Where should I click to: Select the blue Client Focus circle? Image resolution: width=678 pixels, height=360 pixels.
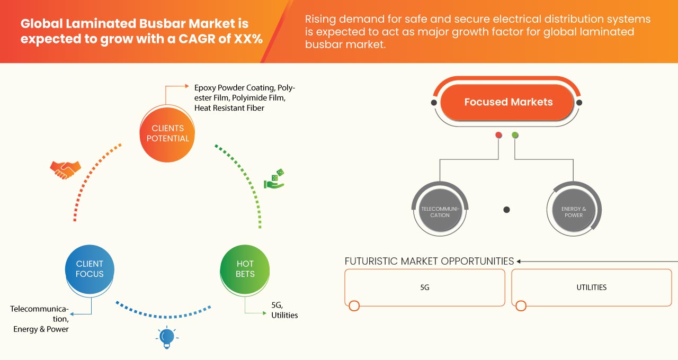click(x=90, y=269)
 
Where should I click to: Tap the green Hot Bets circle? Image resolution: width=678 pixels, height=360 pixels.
click(x=245, y=269)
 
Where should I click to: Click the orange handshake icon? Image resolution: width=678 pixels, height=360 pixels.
click(x=65, y=169)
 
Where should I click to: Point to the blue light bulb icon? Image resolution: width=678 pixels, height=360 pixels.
click(x=167, y=337)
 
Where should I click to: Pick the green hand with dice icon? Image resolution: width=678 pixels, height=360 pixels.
click(x=274, y=179)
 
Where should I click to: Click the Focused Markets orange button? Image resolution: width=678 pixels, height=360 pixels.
click(x=507, y=102)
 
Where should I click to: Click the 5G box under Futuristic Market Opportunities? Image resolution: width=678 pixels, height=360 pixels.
click(x=425, y=287)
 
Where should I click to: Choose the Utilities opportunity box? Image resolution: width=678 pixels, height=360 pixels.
click(x=591, y=287)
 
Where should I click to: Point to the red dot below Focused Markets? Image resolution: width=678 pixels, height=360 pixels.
click(x=498, y=135)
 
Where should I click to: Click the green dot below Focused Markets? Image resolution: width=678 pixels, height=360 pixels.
click(x=515, y=135)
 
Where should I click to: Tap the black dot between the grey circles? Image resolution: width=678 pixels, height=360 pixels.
click(x=506, y=210)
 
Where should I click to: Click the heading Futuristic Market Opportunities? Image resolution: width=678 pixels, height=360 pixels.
click(x=429, y=261)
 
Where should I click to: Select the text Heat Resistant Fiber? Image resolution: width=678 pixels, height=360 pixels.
click(x=229, y=108)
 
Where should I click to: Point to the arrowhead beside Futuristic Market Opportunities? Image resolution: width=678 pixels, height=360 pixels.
click(x=519, y=261)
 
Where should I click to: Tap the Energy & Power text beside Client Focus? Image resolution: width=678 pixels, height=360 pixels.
click(x=41, y=329)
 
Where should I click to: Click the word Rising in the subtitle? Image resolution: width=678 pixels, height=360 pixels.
click(x=323, y=20)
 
